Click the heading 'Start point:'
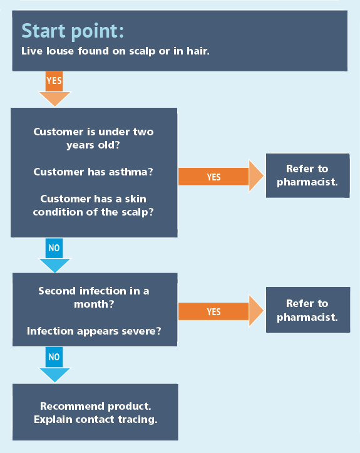[73, 31]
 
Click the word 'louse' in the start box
[60, 51]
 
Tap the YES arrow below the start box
[54, 89]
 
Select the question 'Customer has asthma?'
[93, 172]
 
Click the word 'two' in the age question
[143, 132]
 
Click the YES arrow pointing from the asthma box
[221, 176]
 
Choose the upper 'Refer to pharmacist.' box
[308, 175]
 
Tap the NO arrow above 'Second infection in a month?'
[54, 256]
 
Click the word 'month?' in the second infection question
[94, 305]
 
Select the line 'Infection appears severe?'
[94, 331]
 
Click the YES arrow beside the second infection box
[221, 311]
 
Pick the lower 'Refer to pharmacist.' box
[308, 310]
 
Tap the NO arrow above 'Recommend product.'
[54, 365]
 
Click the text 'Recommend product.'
[96, 407]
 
